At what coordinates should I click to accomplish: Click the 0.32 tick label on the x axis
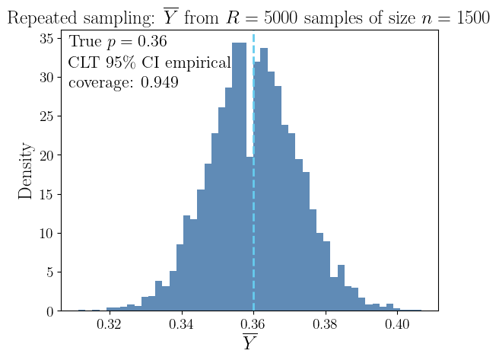pyautogui.click(x=110, y=324)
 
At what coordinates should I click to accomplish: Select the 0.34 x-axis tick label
pyautogui.click(x=182, y=324)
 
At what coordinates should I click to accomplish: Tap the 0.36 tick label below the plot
pyautogui.click(x=253, y=324)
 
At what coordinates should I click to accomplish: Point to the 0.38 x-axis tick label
pyautogui.click(x=326, y=324)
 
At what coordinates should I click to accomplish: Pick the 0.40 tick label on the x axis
pyautogui.click(x=397, y=324)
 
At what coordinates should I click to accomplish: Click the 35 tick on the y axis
pyautogui.click(x=46, y=38)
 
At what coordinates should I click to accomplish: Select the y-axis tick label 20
pyautogui.click(x=46, y=155)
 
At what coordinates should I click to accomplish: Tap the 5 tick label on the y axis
pyautogui.click(x=50, y=272)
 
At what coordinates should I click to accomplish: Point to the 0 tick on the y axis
pyautogui.click(x=50, y=311)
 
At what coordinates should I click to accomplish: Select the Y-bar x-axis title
pyautogui.click(x=249, y=342)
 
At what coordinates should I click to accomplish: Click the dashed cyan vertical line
pyautogui.click(x=253, y=228)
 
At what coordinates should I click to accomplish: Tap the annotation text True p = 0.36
pyautogui.click(x=117, y=42)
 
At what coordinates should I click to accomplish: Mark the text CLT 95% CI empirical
pyautogui.click(x=149, y=62)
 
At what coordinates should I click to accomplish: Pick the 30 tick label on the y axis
pyautogui.click(x=46, y=77)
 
